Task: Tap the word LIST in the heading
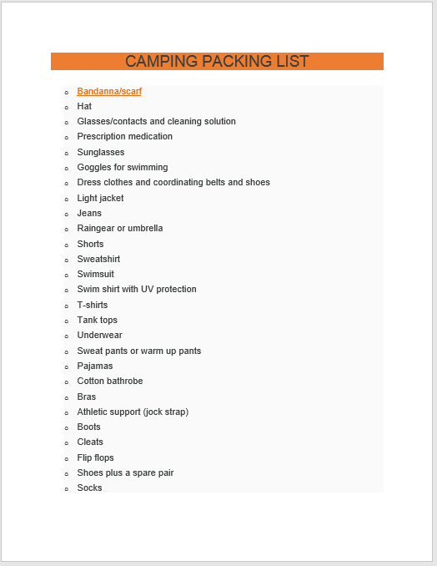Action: [x=291, y=61]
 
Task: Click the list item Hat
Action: [x=84, y=106]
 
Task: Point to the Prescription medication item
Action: [x=124, y=136]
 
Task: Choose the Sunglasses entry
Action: [x=100, y=152]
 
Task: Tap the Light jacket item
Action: [x=100, y=198]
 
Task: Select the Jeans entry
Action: [x=89, y=213]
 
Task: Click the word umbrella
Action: [x=145, y=228]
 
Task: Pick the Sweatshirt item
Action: [x=98, y=259]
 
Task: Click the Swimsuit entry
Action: [x=96, y=274]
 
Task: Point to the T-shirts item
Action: [x=92, y=305]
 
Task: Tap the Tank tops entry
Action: [x=97, y=320]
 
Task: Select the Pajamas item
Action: [x=94, y=366]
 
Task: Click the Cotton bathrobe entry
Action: [x=109, y=381]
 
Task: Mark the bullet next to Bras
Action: [x=66, y=397]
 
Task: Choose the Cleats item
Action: [x=90, y=442]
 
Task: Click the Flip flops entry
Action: [x=95, y=457]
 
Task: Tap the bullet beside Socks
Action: [x=66, y=488]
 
